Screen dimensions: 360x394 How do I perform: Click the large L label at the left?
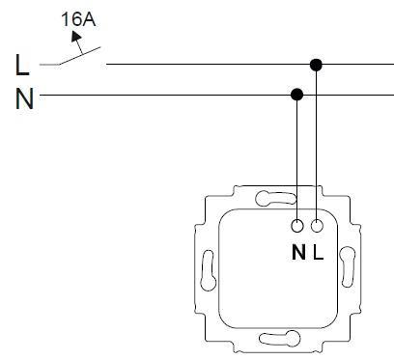[x=22, y=67]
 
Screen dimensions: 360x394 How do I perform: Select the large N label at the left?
[x=24, y=97]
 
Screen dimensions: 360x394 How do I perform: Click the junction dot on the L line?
[x=316, y=65]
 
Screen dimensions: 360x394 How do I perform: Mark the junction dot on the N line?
[x=296, y=95]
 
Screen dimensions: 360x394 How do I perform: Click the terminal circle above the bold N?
[x=296, y=228]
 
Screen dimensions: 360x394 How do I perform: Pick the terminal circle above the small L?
[x=316, y=228]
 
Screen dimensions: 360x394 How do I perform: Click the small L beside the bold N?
[x=317, y=253]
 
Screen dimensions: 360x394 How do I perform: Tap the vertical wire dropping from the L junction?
[x=316, y=145]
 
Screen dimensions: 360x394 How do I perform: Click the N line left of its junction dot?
[x=164, y=95]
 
